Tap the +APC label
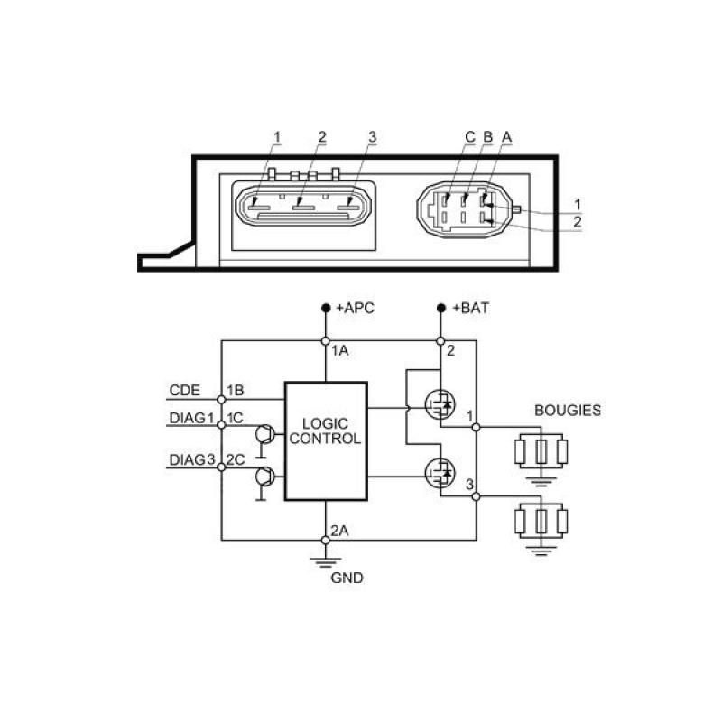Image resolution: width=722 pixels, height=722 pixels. coord(355,308)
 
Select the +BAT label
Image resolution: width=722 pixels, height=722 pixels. coord(470,308)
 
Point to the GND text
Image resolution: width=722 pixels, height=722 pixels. coord(347,578)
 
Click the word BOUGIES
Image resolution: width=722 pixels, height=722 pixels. coord(568,411)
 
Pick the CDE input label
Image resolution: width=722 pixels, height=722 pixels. coord(185,391)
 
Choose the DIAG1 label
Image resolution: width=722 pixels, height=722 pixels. coord(192,418)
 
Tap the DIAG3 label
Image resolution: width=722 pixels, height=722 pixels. coord(192,459)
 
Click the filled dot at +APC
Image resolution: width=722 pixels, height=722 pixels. coord(326,308)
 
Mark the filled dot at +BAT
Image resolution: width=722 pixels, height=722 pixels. coord(440,308)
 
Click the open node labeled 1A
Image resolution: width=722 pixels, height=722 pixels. coord(325,341)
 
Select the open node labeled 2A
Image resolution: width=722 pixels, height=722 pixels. coord(325,540)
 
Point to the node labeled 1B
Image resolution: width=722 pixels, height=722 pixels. coord(221,399)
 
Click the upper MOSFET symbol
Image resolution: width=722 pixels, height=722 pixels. coord(440,404)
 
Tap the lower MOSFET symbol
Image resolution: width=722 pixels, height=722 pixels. coord(440,473)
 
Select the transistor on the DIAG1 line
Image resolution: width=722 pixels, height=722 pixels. coord(265,434)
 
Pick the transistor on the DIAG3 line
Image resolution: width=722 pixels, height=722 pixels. coord(265,476)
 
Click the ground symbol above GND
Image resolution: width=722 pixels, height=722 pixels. coord(325,562)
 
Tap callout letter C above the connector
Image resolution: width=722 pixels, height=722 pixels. coord(469,137)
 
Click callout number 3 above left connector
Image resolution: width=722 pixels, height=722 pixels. coord(372,137)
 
